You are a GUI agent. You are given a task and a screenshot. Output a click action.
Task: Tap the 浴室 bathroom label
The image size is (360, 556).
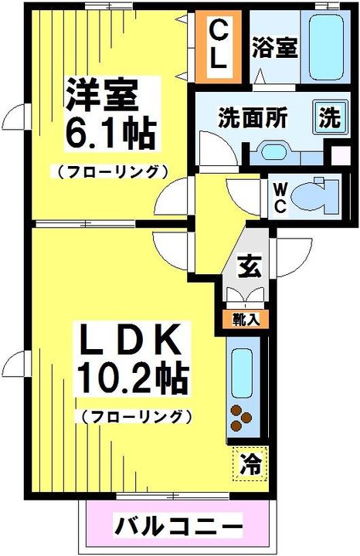[x=273, y=48]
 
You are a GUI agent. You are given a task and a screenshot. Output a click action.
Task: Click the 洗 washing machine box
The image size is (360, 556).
[x=329, y=119]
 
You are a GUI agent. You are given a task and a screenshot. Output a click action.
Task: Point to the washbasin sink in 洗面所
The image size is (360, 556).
[x=273, y=149]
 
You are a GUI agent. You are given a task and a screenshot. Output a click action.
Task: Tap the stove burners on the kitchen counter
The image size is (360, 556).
[x=243, y=417]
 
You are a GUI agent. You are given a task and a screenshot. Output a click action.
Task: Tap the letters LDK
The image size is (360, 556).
[x=131, y=339]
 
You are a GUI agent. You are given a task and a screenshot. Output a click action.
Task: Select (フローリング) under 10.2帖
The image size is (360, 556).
[x=134, y=416]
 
